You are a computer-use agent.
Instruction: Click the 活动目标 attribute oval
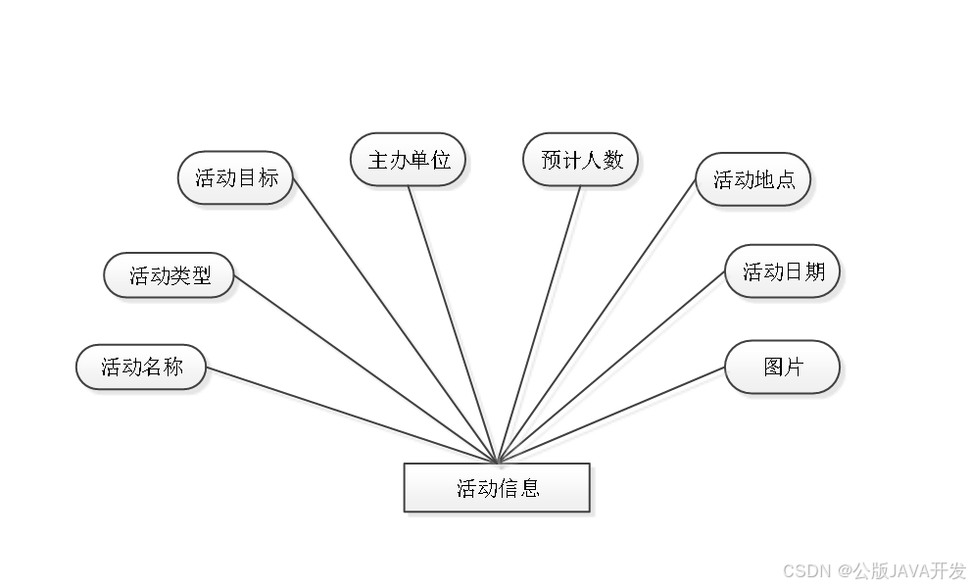pyautogui.click(x=236, y=177)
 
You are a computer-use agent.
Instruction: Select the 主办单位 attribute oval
pyautogui.click(x=409, y=159)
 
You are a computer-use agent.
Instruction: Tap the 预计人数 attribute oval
pyautogui.click(x=582, y=159)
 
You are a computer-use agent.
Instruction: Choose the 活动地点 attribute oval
pyautogui.click(x=753, y=179)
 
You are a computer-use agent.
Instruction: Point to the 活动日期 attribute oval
pyautogui.click(x=783, y=271)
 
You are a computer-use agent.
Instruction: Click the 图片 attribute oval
pyautogui.click(x=783, y=367)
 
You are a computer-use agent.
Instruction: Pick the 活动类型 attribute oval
pyautogui.click(x=170, y=275)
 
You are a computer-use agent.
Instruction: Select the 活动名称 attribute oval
pyautogui.click(x=142, y=367)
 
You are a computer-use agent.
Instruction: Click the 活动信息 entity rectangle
pyautogui.click(x=497, y=487)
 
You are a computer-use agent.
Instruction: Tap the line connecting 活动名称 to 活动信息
pyautogui.click(x=353, y=416)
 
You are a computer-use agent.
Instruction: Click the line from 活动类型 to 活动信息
pyautogui.click(x=367, y=369)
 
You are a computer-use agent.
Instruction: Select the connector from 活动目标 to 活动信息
pyautogui.click(x=397, y=319)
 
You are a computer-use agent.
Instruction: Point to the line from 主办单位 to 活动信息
pyautogui.click(x=455, y=323)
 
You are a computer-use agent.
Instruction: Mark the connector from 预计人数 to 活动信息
pyautogui.click(x=541, y=323)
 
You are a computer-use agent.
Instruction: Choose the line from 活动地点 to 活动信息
pyautogui.click(x=598, y=323)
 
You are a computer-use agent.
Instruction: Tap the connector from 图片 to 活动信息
pyautogui.click(x=612, y=416)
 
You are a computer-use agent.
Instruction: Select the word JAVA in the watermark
pyautogui.click(x=907, y=569)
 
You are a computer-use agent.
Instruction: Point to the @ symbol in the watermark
pyautogui.click(x=842, y=569)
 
